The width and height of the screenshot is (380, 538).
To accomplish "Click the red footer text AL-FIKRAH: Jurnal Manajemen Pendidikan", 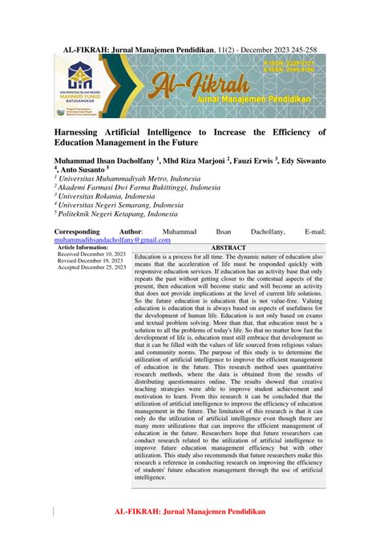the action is tap(190, 510).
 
